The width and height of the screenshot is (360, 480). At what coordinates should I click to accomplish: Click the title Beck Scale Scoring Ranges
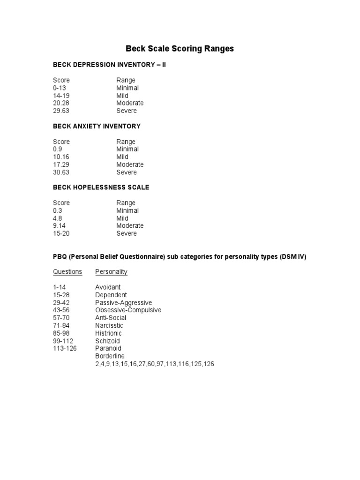(180, 49)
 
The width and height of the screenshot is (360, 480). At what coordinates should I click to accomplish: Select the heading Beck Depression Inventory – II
(109, 65)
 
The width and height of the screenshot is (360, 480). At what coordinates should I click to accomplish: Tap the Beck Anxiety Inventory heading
(97, 126)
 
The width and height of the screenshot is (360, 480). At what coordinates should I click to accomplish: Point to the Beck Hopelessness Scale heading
(101, 187)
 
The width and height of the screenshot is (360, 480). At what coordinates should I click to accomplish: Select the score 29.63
(61, 111)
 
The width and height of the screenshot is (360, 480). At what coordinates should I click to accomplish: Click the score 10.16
(61, 157)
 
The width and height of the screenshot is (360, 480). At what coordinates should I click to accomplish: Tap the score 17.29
(61, 165)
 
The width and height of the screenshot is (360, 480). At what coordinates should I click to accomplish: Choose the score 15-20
(61, 233)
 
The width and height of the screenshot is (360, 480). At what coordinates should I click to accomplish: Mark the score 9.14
(60, 225)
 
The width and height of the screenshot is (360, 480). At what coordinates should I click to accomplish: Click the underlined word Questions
(67, 272)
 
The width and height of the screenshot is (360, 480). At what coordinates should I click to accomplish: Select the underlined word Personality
(111, 272)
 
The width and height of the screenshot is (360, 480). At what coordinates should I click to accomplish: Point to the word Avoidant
(108, 287)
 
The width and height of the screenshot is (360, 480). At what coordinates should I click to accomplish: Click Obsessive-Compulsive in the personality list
(128, 310)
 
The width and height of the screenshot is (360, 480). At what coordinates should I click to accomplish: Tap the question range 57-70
(61, 318)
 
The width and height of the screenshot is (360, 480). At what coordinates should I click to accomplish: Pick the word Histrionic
(108, 333)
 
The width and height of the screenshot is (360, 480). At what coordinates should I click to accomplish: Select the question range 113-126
(65, 348)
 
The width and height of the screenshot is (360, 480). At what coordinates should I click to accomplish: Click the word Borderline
(110, 356)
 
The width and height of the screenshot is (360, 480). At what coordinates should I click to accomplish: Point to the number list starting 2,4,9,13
(155, 364)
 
